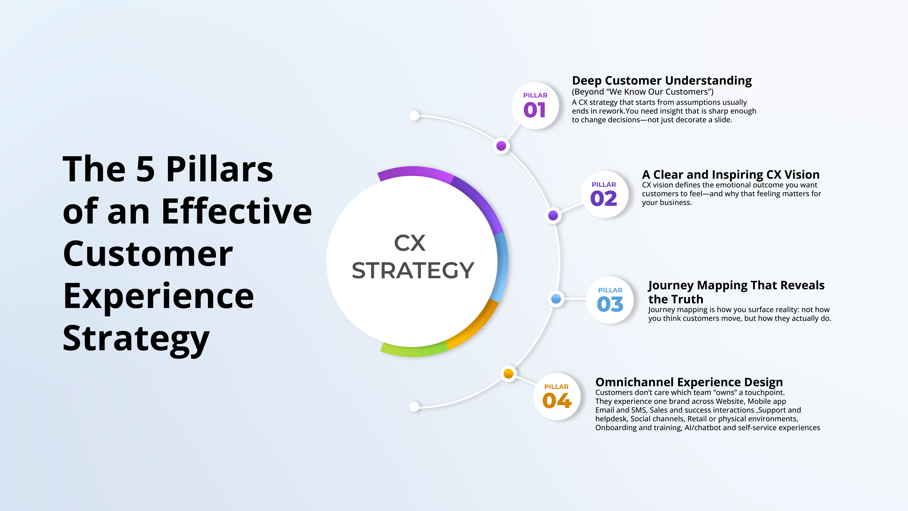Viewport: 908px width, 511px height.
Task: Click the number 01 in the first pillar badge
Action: (534, 110)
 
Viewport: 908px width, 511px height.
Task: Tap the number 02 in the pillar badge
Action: (603, 199)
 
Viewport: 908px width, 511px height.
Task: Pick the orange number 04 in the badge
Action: (557, 401)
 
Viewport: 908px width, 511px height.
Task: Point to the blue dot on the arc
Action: (556, 299)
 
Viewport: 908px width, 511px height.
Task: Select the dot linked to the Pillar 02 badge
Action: (553, 215)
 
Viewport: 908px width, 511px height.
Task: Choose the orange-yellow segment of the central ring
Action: (474, 326)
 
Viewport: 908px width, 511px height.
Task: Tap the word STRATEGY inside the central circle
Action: (413, 271)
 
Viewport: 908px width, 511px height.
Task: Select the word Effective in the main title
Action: (237, 212)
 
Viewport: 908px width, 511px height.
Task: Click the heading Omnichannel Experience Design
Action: (689, 382)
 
